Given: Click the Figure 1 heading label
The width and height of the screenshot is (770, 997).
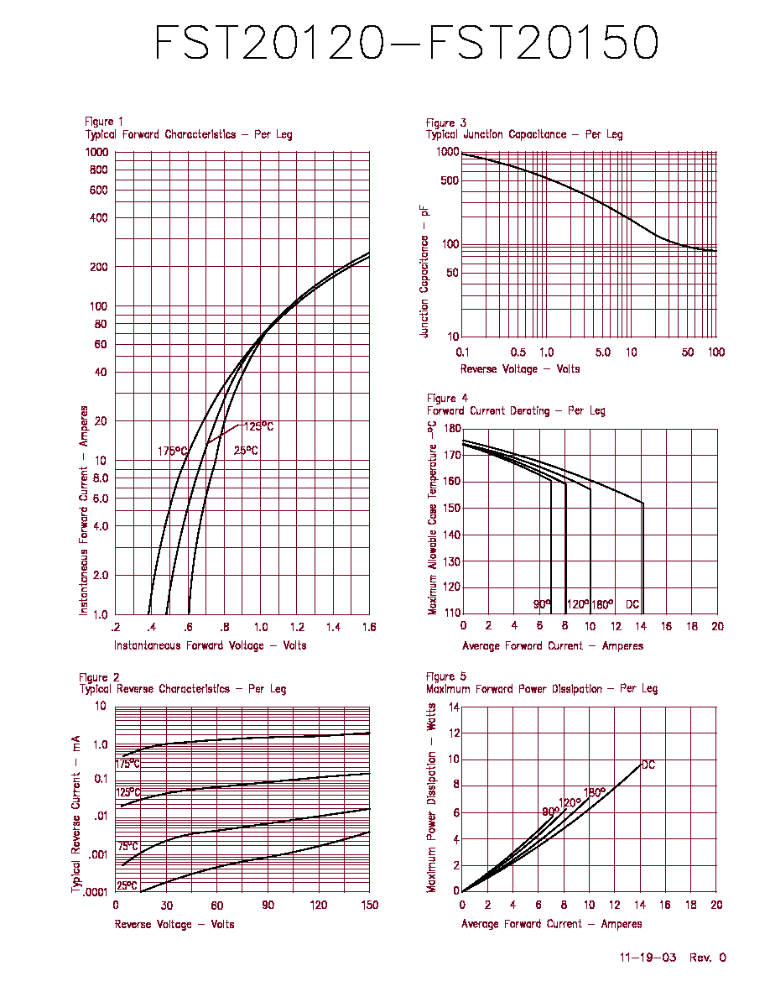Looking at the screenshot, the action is [104, 122].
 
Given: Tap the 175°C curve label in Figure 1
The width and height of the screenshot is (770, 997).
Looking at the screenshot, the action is [173, 451].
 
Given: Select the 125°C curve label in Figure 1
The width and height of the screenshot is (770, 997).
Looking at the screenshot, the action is [259, 426].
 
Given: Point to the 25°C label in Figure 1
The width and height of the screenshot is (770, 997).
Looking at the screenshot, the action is [246, 450].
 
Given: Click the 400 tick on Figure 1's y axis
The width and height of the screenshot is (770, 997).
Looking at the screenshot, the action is [98, 217].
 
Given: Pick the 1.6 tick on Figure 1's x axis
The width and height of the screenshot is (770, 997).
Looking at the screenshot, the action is [369, 627].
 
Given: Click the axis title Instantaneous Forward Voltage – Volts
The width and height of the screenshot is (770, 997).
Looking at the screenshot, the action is [211, 645].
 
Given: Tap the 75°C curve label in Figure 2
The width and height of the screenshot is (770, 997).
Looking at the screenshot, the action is [127, 846].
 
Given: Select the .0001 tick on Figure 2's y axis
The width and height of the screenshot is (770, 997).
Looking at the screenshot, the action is [96, 891].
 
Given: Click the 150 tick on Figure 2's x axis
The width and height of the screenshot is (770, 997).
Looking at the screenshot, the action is [369, 905].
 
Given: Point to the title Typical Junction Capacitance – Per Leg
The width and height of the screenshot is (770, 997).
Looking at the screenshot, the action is [524, 134].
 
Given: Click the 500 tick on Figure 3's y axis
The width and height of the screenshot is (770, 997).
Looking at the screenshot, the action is [450, 180].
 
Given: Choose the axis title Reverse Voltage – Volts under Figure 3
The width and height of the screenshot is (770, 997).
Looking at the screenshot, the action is [520, 368].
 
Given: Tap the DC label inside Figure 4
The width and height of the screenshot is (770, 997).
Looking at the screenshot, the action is [632, 604].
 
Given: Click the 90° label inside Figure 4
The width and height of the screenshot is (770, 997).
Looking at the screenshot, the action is [542, 604].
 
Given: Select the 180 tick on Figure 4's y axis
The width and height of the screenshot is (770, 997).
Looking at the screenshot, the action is [452, 429].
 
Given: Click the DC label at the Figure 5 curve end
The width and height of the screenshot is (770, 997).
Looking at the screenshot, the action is [648, 765].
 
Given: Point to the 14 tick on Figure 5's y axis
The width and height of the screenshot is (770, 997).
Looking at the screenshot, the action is [454, 707].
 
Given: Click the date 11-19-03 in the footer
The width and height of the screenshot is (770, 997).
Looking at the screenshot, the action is [648, 957].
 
